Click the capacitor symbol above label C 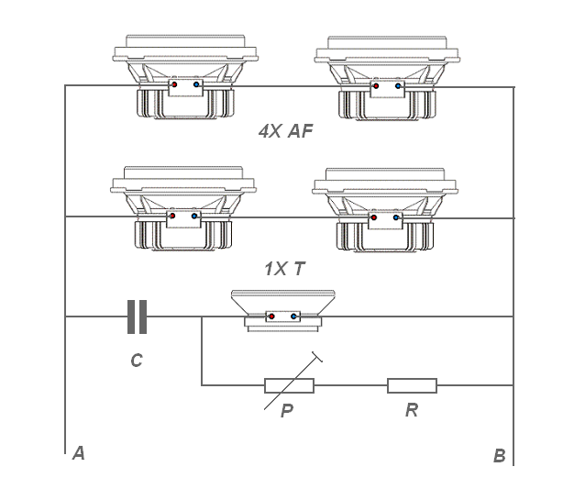(137, 317)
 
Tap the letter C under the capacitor (137, 361)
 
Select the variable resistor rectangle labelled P (289, 385)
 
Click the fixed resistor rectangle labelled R (413, 385)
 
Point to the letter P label (287, 411)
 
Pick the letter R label (412, 410)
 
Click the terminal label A (79, 453)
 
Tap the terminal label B (500, 456)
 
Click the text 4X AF (286, 131)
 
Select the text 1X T (285, 269)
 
